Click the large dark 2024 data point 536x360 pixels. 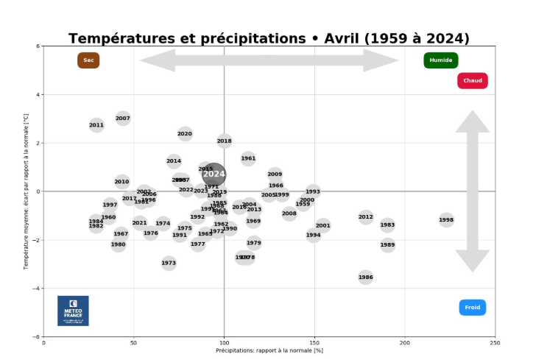click(x=214, y=174)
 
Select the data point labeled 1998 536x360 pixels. click(x=446, y=220)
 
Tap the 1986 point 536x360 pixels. click(x=366, y=278)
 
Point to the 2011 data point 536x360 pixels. click(x=96, y=125)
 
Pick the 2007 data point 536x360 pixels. click(x=123, y=119)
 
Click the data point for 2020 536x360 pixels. click(x=185, y=134)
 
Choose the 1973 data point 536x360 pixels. click(x=169, y=263)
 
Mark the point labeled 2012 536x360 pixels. click(x=366, y=217)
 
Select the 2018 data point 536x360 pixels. click(x=225, y=141)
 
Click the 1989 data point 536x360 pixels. click(x=388, y=245)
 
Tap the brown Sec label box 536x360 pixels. click(x=88, y=60)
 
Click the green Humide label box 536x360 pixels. click(x=441, y=60)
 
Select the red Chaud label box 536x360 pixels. click(x=473, y=81)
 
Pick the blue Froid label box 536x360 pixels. click(x=473, y=308)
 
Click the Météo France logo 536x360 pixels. click(x=73, y=311)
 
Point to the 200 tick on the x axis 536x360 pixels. click(x=405, y=343)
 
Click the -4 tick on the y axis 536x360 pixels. click(x=37, y=289)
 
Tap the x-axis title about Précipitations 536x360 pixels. click(x=269, y=351)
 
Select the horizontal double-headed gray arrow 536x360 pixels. click(x=269, y=60)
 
